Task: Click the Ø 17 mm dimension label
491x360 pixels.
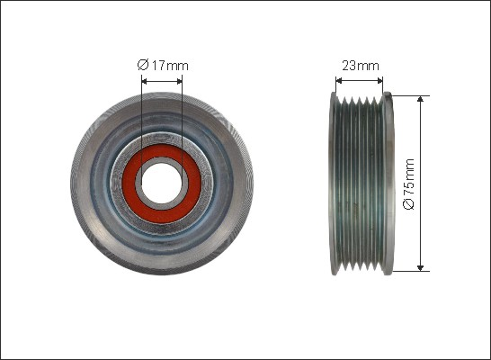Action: coord(163,66)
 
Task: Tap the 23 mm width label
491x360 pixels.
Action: coord(361,66)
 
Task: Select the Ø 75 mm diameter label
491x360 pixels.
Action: coord(409,184)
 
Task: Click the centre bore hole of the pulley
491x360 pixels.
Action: coord(161,184)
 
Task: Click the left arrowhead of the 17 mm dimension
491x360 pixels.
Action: coord(144,82)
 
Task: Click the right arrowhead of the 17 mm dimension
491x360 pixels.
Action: coord(180,82)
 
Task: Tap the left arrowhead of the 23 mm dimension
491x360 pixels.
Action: coord(338,81)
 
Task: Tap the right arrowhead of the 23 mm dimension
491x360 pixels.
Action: coord(379,81)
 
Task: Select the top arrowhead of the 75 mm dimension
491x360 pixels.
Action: coord(421,99)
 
